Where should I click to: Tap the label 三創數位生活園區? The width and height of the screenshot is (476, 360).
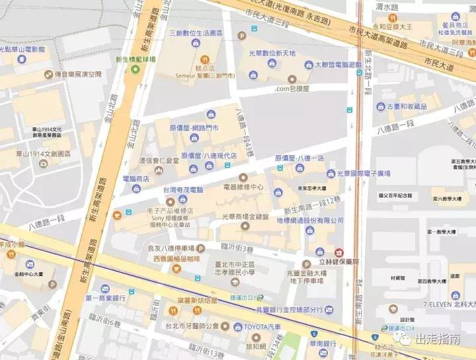point(198,32)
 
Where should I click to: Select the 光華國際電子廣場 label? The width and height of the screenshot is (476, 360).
point(363,174)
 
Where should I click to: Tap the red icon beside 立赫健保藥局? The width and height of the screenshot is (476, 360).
point(339,252)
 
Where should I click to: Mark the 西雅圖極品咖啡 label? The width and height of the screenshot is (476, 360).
point(177,260)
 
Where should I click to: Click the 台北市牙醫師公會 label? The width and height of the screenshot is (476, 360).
point(192,326)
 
